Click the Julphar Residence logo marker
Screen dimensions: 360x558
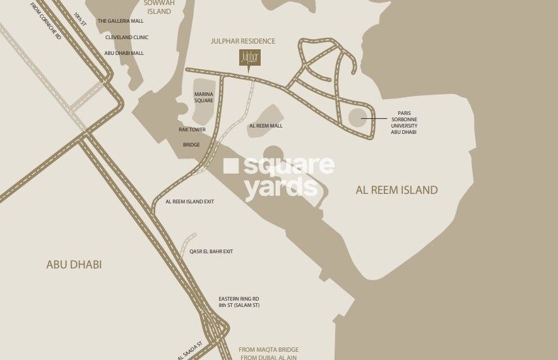pyautogui.click(x=249, y=57)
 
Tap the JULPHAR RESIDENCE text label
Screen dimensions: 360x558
pyautogui.click(x=243, y=42)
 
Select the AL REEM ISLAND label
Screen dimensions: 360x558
pyautogui.click(x=396, y=189)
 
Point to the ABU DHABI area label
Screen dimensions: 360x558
pyautogui.click(x=74, y=265)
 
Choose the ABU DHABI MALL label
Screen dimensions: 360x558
pyautogui.click(x=124, y=53)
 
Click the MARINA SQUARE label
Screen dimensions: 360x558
pyautogui.click(x=203, y=97)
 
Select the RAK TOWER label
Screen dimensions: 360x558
pyautogui.click(x=192, y=129)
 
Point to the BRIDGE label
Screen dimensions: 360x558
pyautogui.click(x=191, y=145)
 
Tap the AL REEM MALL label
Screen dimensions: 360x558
pyautogui.click(x=266, y=126)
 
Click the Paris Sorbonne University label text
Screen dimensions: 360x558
pyautogui.click(x=404, y=123)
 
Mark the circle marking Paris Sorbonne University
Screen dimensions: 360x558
pyautogui.click(x=357, y=117)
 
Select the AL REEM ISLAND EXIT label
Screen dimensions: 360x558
pyautogui.click(x=190, y=201)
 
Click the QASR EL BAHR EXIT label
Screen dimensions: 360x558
pyautogui.click(x=211, y=251)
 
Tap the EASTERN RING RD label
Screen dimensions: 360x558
pyautogui.click(x=239, y=298)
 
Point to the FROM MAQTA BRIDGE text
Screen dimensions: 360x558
pyautogui.click(x=268, y=349)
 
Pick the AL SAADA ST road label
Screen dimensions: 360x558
pyautogui.click(x=190, y=351)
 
